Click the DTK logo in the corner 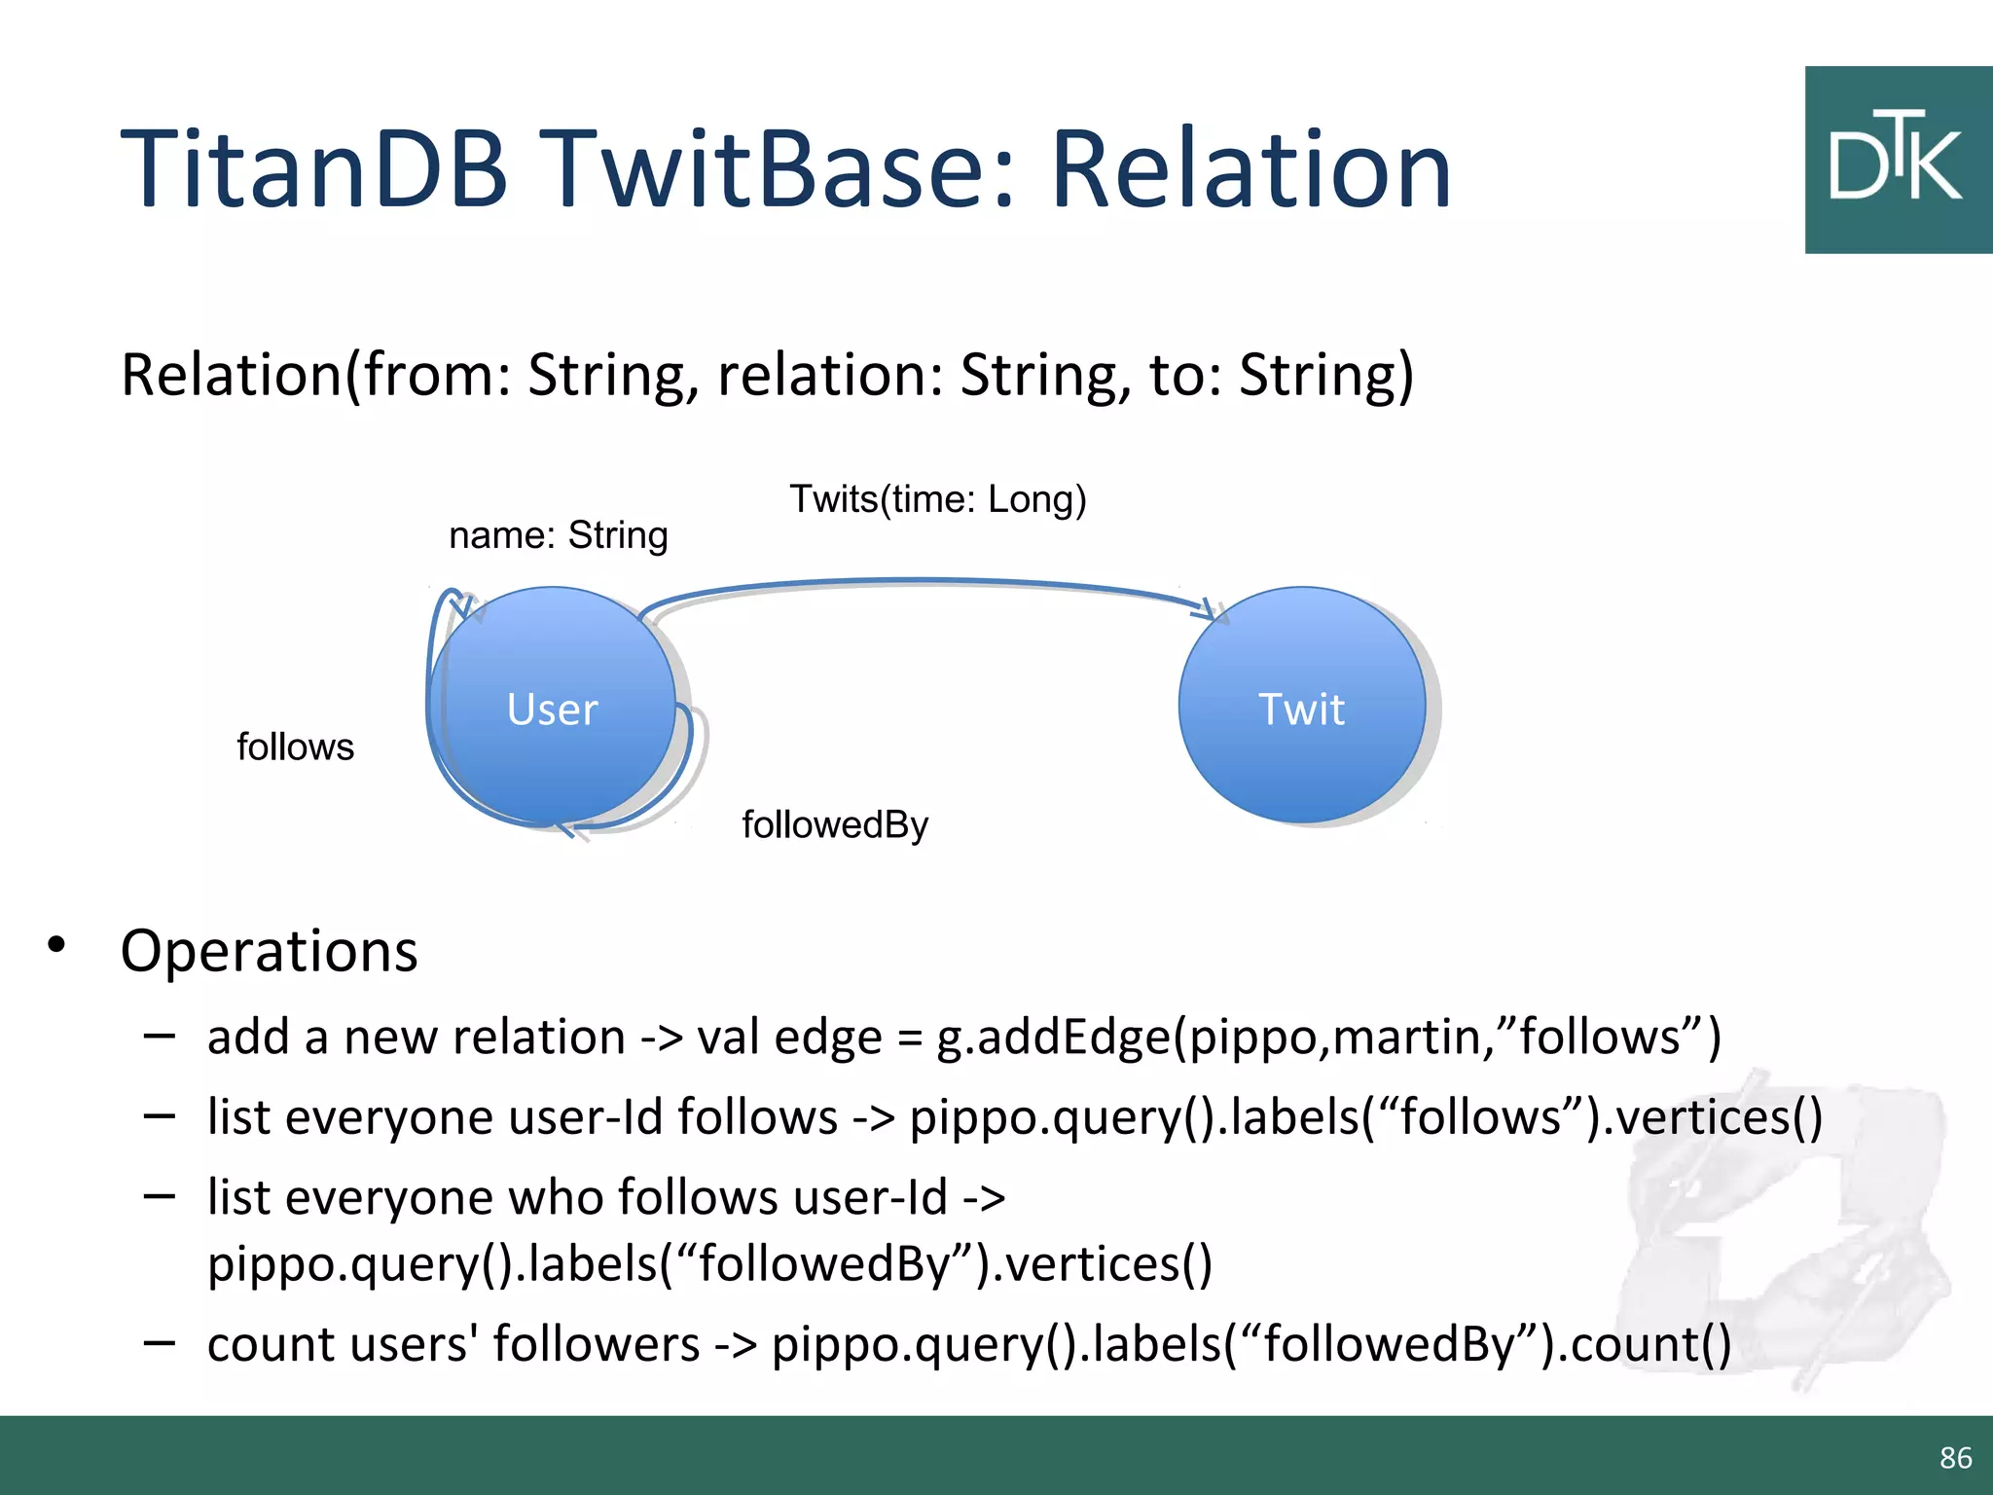point(1897,161)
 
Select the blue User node point(552,708)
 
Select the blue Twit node point(1301,708)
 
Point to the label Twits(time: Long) point(937,499)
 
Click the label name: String point(558,535)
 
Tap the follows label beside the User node point(295,747)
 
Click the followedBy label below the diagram point(835,825)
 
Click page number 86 point(1955,1457)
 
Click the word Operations point(269,951)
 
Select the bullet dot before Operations point(56,944)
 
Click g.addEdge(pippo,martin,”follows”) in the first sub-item point(1328,1037)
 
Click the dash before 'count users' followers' point(159,1342)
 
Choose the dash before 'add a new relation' point(159,1035)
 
